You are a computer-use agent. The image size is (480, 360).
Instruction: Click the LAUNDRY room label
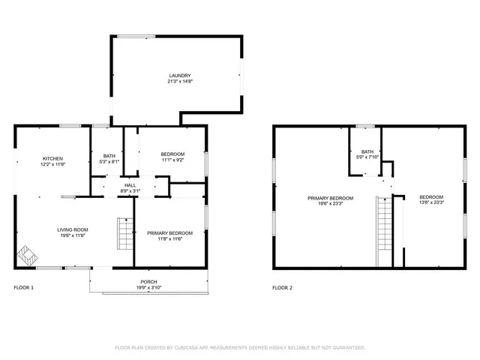(x=180, y=75)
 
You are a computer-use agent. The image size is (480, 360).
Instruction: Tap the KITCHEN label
(x=52, y=158)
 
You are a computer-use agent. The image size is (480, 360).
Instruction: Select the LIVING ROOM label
(x=73, y=229)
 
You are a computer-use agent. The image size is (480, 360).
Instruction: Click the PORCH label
(x=148, y=281)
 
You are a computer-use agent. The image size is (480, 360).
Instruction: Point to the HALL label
(x=130, y=184)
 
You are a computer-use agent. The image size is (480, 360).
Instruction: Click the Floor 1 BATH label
(x=109, y=155)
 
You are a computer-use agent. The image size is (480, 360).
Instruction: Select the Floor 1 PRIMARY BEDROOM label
(x=169, y=232)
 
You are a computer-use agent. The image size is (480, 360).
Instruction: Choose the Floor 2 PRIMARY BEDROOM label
(x=330, y=197)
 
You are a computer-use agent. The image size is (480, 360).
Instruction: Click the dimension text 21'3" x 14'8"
(x=180, y=81)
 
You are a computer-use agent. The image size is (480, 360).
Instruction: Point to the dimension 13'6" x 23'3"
(x=431, y=202)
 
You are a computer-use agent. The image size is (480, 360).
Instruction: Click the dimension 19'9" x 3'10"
(x=148, y=287)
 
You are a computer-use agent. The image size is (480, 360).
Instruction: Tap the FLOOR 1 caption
(x=24, y=288)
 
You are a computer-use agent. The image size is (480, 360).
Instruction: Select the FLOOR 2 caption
(x=282, y=288)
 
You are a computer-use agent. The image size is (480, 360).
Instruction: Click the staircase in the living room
(x=124, y=233)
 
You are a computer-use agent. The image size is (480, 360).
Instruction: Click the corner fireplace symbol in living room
(x=27, y=256)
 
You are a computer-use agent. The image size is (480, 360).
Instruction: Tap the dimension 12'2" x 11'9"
(x=52, y=164)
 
